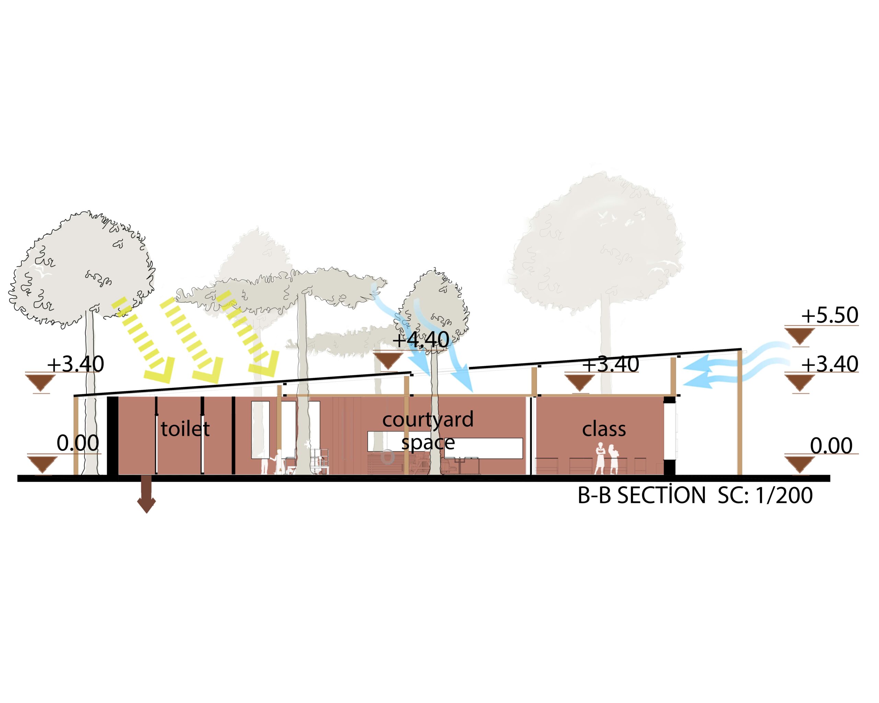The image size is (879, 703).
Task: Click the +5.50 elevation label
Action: pyautogui.click(x=829, y=315)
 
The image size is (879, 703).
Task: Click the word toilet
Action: pyautogui.click(x=185, y=429)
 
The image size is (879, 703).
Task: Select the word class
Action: pyautogui.click(x=604, y=429)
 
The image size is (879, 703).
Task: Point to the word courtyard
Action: pyautogui.click(x=428, y=420)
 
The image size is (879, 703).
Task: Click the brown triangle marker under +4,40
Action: pyautogui.click(x=388, y=361)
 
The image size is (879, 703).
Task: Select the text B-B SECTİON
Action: pyautogui.click(x=642, y=496)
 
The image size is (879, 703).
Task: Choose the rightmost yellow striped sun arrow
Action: pyautogui.click(x=248, y=334)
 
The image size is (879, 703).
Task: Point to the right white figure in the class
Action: pyautogui.click(x=613, y=459)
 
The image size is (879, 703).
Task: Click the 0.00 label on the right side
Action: pyautogui.click(x=831, y=446)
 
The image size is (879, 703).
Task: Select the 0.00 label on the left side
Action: pyautogui.click(x=78, y=443)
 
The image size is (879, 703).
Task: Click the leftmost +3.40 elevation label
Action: pyautogui.click(x=76, y=364)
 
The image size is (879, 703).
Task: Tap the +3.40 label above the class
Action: pyautogui.click(x=610, y=364)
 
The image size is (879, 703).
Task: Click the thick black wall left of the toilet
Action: pyautogui.click(x=113, y=435)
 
